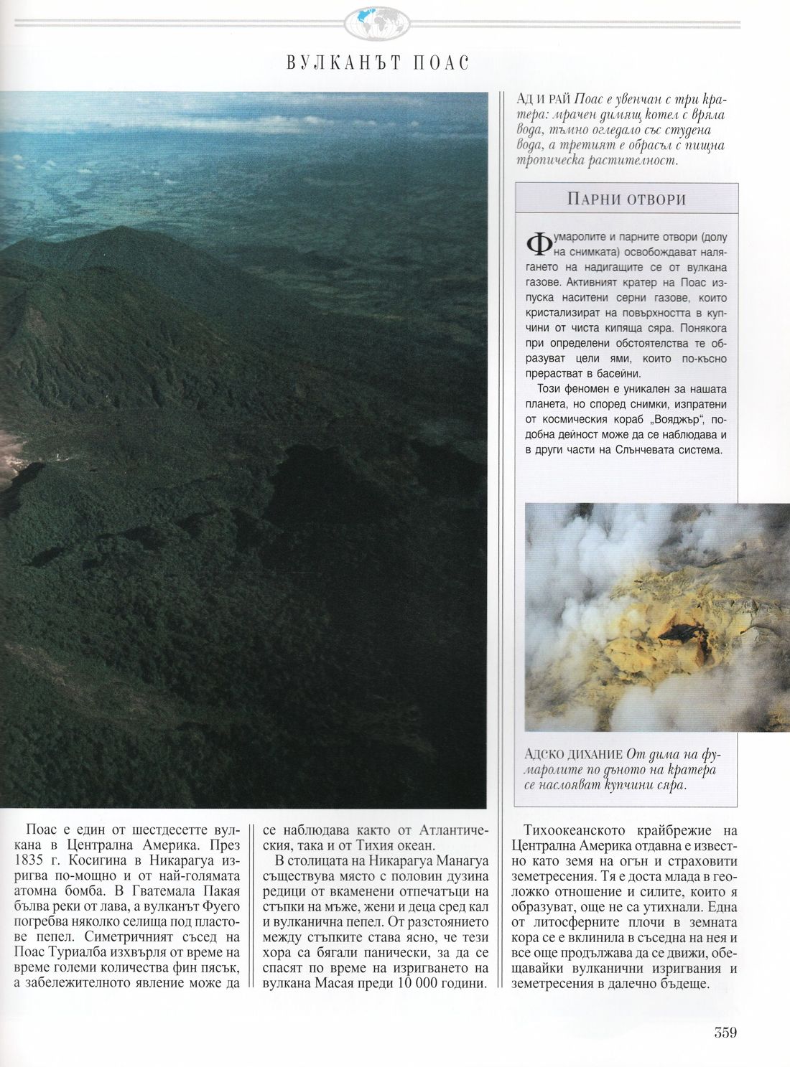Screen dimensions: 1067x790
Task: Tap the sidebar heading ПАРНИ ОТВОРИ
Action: click(626, 199)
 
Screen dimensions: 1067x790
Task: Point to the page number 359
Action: click(726, 1033)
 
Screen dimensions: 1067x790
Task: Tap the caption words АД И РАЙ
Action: click(545, 100)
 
